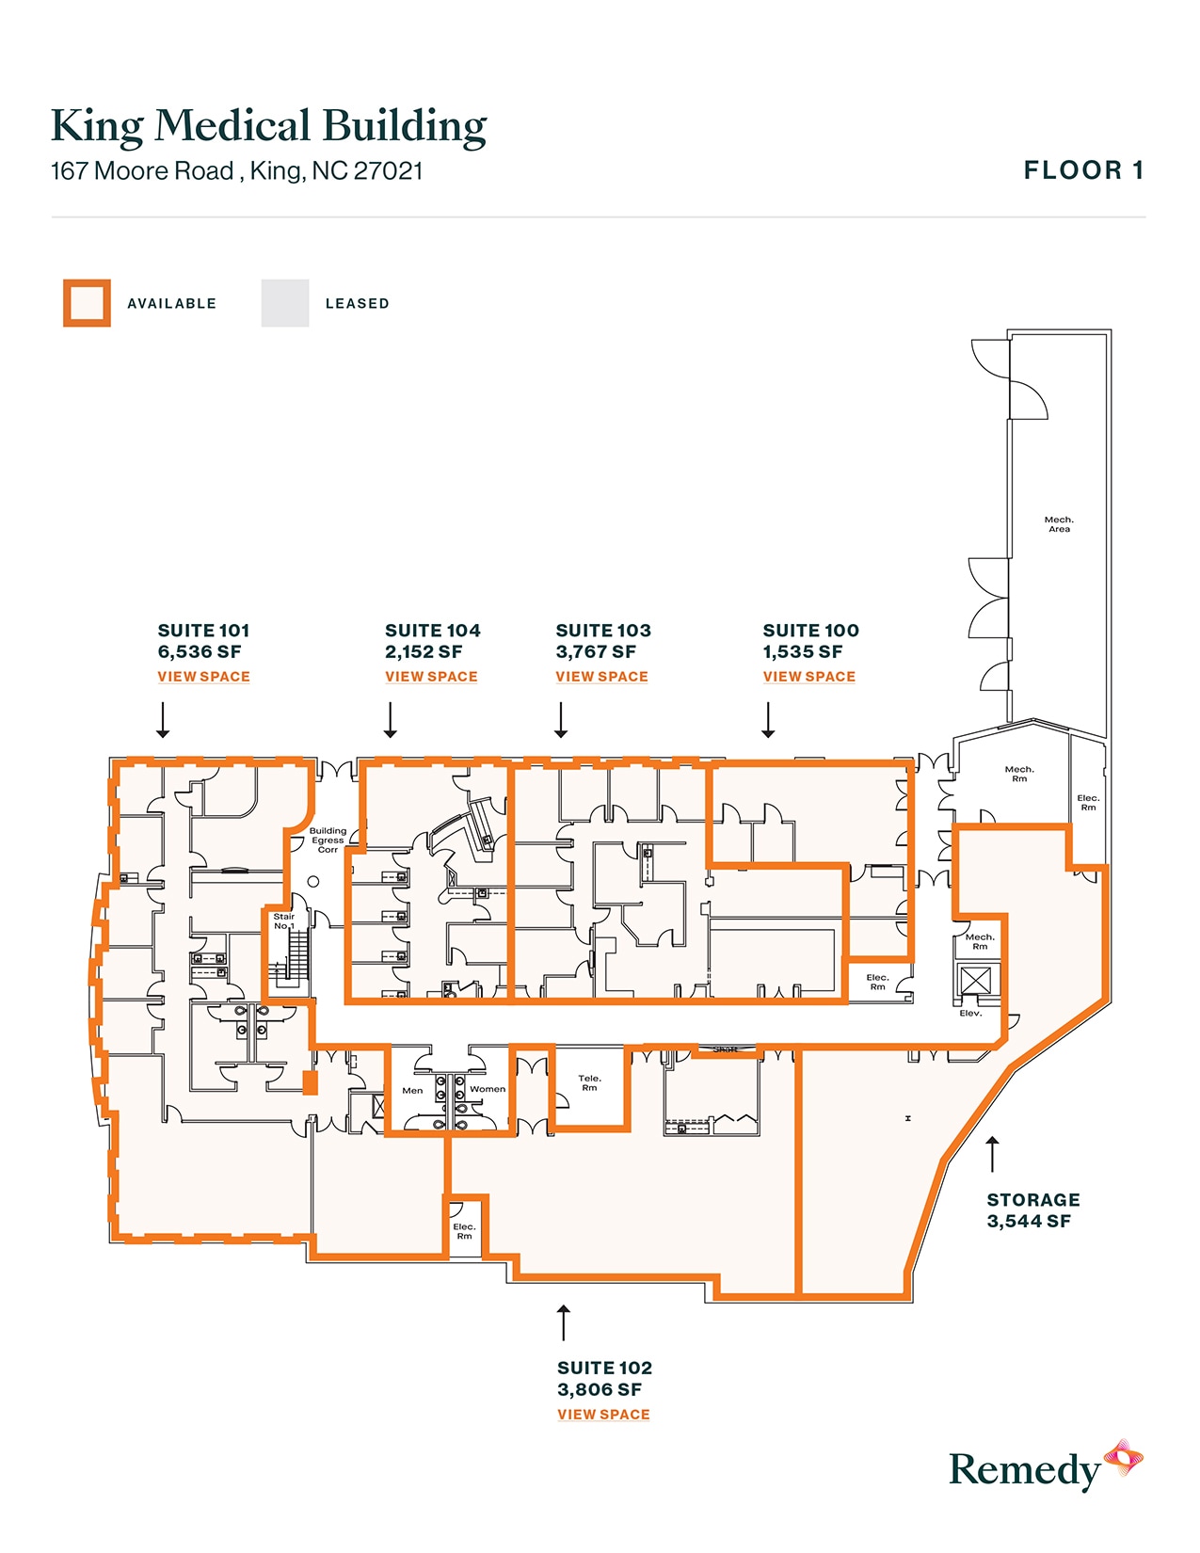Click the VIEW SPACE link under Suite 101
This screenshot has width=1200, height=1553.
203,677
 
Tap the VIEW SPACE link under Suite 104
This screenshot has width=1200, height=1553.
431,677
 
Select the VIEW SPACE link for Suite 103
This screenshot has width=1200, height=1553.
601,677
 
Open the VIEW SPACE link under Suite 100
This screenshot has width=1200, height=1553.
808,677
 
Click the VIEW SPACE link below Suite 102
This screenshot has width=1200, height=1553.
603,1415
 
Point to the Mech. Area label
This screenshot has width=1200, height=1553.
1059,524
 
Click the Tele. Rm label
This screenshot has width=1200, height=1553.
589,1083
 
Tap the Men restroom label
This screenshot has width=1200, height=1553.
412,1091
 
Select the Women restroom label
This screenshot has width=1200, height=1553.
488,1090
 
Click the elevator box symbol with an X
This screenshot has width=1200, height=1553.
976,982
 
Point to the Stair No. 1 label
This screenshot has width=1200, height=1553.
283,921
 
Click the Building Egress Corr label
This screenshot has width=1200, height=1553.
328,841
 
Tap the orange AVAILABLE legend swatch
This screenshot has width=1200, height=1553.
87,303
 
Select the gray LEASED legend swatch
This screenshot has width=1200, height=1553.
285,303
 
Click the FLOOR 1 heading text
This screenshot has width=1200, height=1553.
1083,170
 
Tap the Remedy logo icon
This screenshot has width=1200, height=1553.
1123,1460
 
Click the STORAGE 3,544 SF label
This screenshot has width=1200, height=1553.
1032,1210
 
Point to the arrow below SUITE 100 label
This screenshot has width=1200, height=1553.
768,720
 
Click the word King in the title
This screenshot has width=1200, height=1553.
96,127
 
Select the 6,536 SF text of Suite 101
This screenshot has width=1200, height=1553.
199,652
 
